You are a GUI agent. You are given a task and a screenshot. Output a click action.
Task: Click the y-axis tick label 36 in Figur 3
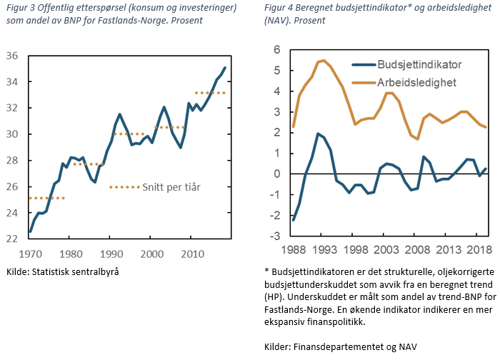(11, 56)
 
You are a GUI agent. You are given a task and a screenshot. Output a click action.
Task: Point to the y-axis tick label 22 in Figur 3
(11, 239)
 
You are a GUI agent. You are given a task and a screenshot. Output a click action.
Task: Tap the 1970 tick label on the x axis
(31, 254)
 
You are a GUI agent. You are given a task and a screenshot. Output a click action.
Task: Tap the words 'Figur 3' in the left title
(21, 7)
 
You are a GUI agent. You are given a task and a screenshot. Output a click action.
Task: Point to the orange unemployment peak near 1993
(324, 60)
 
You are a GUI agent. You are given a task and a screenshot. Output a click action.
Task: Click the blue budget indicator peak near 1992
(317, 134)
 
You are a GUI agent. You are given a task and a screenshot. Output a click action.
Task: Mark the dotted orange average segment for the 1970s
(47, 198)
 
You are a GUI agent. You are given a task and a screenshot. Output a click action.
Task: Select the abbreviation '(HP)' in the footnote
(275, 296)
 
